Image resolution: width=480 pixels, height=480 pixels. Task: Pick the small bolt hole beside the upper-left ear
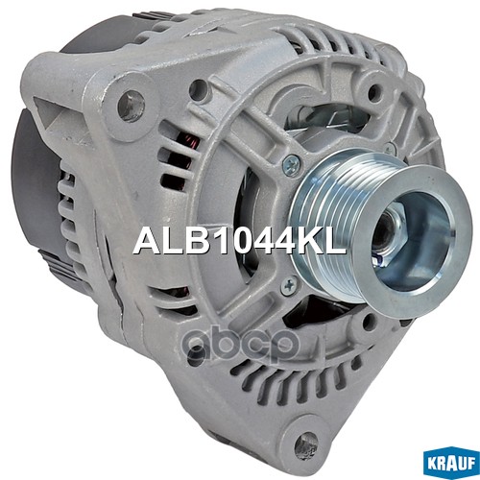point(199,90)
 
